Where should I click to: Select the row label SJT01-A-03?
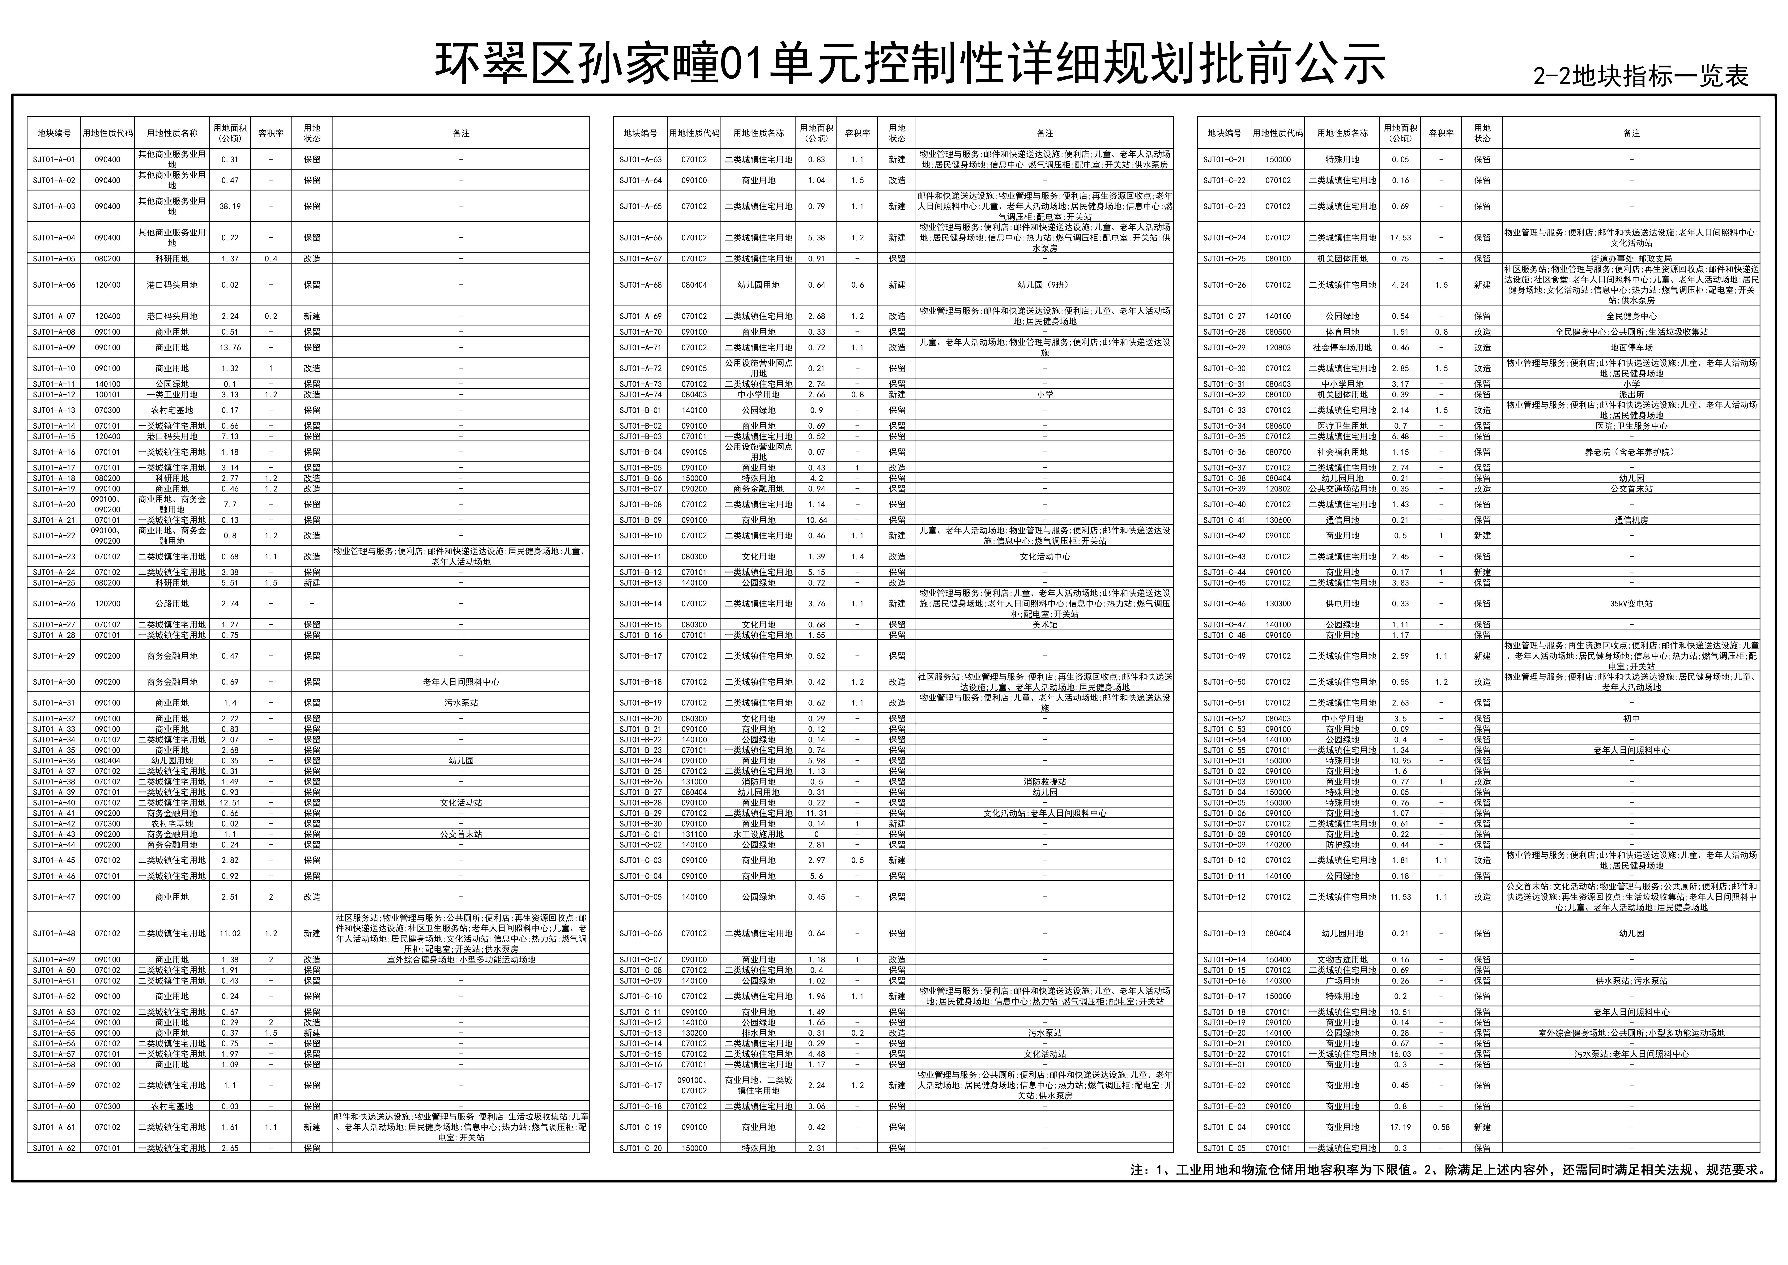tap(54, 206)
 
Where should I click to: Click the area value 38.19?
tap(230, 206)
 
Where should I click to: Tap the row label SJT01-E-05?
tap(1224, 1148)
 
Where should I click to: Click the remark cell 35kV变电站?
tap(1631, 604)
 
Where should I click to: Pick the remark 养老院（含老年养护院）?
tap(1631, 452)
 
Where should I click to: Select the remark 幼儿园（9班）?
tap(1044, 285)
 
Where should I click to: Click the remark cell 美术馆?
tap(1044, 625)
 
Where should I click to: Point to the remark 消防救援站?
tap(1044, 781)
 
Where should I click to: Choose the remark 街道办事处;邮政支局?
tap(1631, 259)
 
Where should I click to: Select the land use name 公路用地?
tap(172, 604)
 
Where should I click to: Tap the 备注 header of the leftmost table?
tap(461, 133)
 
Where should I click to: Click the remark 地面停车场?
tap(1631, 347)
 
